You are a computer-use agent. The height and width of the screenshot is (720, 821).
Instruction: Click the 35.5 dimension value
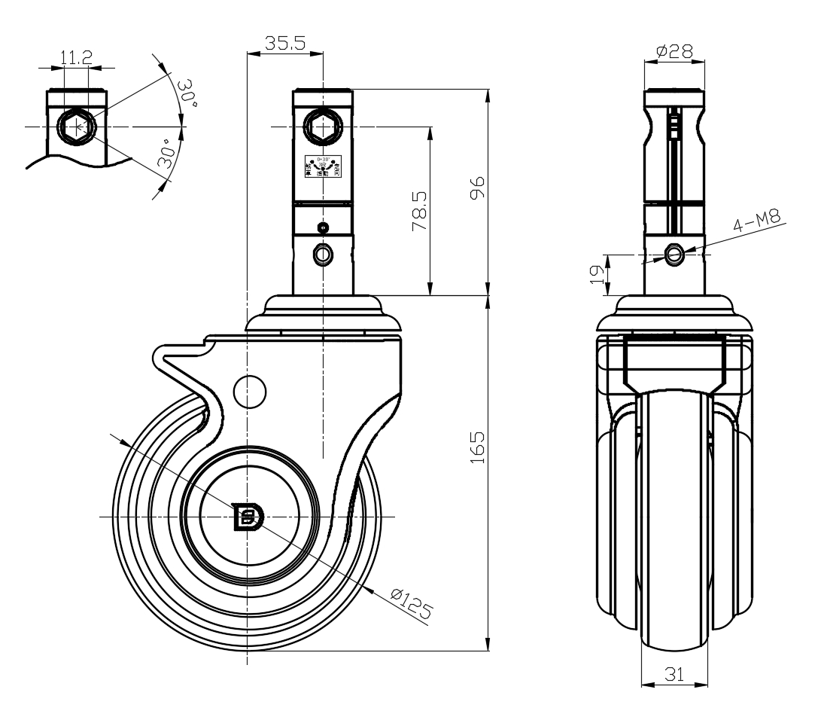point(284,44)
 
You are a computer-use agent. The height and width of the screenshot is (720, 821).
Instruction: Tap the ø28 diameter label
point(674,51)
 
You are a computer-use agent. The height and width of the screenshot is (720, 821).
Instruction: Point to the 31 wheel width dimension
point(674,675)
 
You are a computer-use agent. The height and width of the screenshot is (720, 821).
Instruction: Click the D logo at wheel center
point(247,517)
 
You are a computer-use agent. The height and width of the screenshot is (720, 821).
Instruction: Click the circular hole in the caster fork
point(250,390)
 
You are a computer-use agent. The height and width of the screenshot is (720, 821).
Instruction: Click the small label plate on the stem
point(323,166)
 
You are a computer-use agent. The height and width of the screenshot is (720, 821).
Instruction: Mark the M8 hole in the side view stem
point(674,255)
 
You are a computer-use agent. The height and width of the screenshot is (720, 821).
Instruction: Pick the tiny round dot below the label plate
point(323,227)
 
